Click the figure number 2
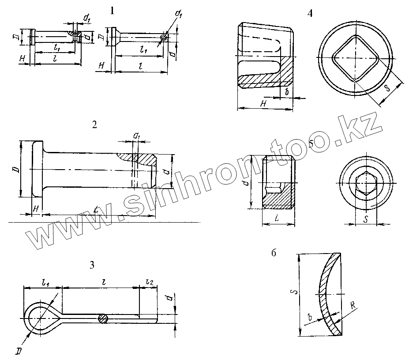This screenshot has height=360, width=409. (x=94, y=124)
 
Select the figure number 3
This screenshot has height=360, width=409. (x=92, y=265)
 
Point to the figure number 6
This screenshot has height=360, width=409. (x=274, y=253)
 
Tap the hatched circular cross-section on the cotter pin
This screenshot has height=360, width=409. (x=103, y=318)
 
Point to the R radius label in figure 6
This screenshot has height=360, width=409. (x=353, y=305)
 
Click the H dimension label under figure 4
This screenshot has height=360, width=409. (x=263, y=103)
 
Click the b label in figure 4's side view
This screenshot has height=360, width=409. (x=287, y=92)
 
